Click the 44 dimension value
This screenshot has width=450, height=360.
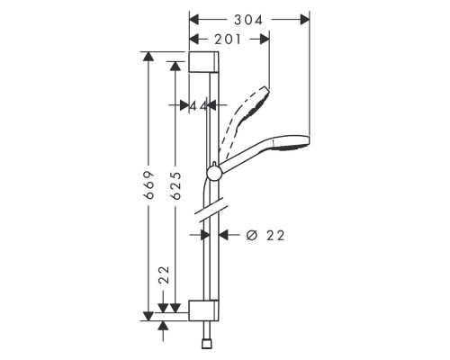click(x=199, y=106)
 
